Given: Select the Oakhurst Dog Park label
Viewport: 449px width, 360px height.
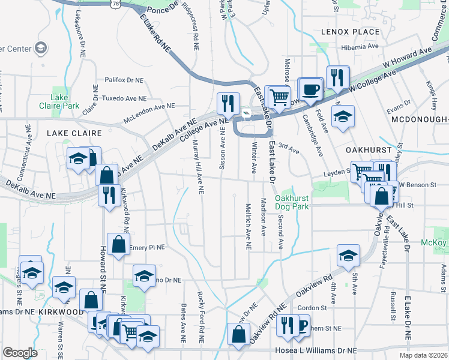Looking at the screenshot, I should tap(292, 203).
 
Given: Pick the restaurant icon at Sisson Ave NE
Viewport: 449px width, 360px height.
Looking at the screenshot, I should tap(228, 103).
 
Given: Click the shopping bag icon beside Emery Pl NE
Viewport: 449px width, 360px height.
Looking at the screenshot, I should tap(119, 245).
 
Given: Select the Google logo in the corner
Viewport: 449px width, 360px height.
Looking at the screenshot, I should tap(20, 353).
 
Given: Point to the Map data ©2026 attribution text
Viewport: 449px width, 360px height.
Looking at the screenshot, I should tap(423, 355).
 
